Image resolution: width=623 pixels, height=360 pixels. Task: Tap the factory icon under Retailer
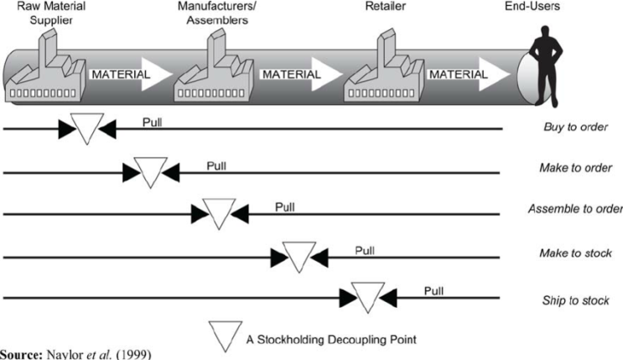(x=381, y=71)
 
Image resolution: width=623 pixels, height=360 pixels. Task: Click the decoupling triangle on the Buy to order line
(x=86, y=128)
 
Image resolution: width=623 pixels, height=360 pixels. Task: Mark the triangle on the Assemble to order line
(x=218, y=213)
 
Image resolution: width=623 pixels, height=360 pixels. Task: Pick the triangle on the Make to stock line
(x=299, y=255)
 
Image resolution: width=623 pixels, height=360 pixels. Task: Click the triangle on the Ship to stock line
(x=366, y=296)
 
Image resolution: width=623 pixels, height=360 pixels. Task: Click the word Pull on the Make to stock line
(x=366, y=249)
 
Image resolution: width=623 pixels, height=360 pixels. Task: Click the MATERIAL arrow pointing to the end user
(x=470, y=75)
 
